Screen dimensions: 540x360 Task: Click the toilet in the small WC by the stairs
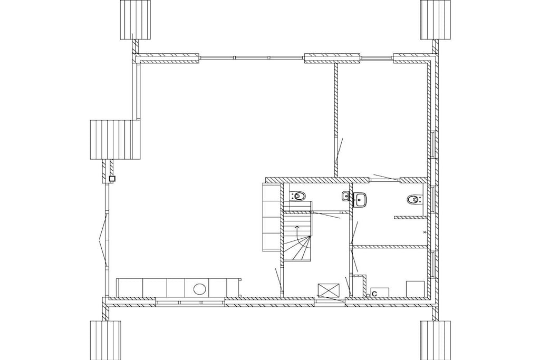[298, 197]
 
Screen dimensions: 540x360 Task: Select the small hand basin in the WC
[346, 197]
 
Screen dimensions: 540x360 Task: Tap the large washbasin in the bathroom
[361, 200]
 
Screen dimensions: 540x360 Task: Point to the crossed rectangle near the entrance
[329, 290]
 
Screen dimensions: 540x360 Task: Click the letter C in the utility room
[374, 294]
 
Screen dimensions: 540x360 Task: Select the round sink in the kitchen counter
[199, 289]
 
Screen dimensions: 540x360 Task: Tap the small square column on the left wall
[112, 179]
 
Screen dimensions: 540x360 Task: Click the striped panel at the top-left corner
[136, 20]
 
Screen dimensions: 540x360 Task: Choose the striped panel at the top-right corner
[436, 20]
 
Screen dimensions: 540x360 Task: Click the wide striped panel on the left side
[115, 139]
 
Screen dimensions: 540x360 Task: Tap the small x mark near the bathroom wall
[425, 232]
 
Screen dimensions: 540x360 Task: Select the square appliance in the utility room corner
[416, 289]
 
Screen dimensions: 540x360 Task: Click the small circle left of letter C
[368, 295]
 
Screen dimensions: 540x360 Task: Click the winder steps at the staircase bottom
[298, 248]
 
